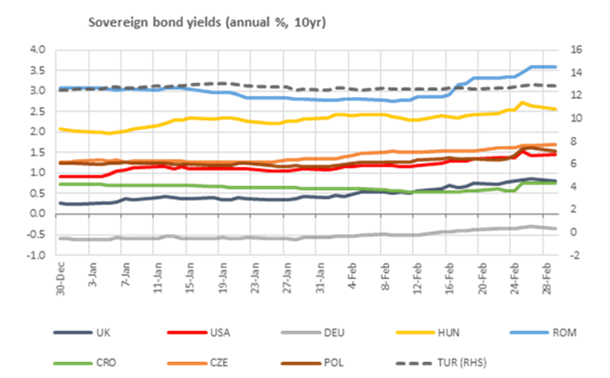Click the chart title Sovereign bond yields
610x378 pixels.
[x=207, y=20]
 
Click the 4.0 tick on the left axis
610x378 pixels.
[x=36, y=49]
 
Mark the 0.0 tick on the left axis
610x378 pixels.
[x=36, y=213]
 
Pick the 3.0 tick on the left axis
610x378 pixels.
[x=36, y=90]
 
